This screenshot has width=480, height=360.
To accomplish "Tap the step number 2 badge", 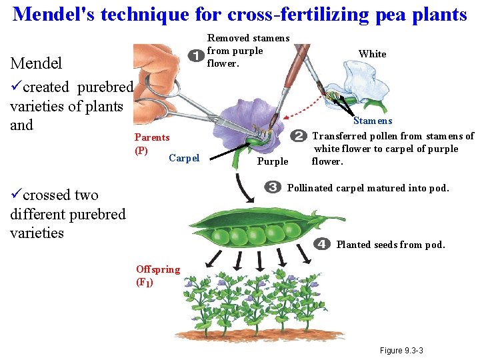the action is (299, 135).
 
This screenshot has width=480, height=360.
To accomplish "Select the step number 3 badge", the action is (272, 187).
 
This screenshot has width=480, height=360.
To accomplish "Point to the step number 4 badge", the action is (321, 244).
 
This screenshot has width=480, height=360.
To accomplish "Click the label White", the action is (372, 54).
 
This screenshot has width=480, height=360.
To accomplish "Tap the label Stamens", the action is (372, 121).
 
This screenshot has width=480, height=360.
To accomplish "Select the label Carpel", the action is (184, 158).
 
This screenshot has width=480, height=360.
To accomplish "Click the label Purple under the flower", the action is (272, 161).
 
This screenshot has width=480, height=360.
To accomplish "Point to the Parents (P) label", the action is (151, 144).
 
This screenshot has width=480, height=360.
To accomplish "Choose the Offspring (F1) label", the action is (157, 275).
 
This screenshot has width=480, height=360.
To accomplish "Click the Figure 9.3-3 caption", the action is (401, 351).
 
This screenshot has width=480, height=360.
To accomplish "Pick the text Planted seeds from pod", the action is (390, 245).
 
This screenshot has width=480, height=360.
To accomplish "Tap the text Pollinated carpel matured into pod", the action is (367, 188).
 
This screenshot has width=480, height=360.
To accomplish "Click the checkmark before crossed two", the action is (16, 195).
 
